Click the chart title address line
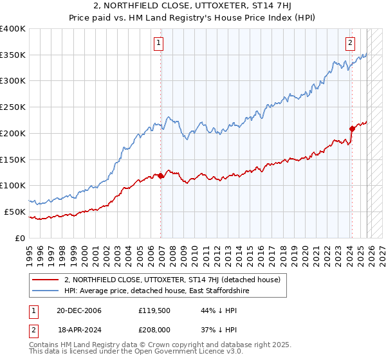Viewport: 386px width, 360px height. tap(192, 6)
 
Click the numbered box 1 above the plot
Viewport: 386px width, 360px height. tap(158, 43)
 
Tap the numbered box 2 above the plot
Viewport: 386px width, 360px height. tap(350, 43)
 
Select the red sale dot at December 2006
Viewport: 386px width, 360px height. tap(161, 175)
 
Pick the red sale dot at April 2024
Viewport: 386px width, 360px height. tap(352, 129)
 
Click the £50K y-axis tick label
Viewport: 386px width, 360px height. tap(15, 212)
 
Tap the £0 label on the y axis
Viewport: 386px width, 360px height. tap(21, 238)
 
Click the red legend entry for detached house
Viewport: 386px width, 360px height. tap(172, 280)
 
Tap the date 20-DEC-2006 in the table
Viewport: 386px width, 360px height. tap(78, 310)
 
